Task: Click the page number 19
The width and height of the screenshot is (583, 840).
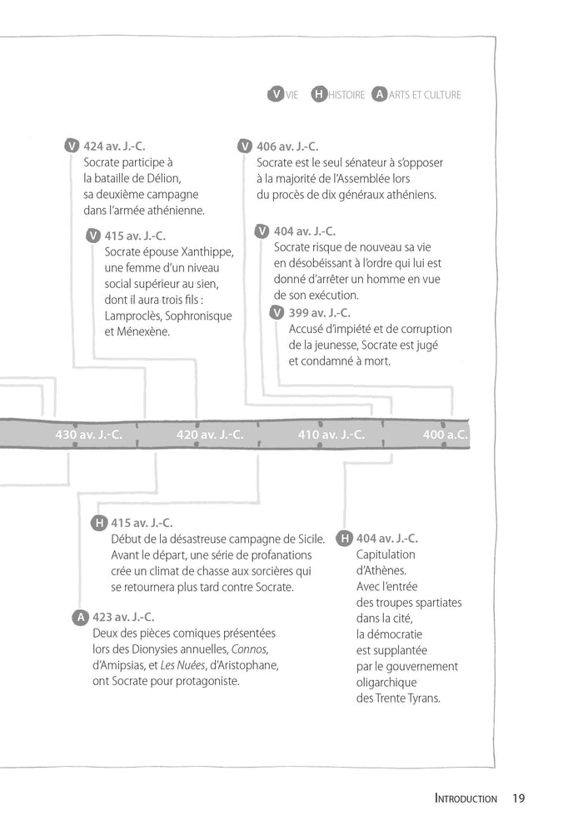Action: point(518,798)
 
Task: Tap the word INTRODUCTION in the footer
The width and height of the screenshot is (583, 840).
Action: point(466,799)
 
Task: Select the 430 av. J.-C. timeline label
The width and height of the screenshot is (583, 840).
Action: point(88,434)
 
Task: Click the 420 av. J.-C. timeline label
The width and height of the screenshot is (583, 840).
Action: point(210,434)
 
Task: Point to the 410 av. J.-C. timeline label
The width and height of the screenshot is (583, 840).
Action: point(331,434)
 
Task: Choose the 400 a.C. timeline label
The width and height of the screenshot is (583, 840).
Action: point(446,434)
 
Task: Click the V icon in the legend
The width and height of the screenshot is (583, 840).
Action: point(276,95)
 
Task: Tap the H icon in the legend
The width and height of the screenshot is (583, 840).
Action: point(318,95)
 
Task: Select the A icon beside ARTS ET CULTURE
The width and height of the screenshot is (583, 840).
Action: point(380,95)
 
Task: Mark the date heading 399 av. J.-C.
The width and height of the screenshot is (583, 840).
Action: point(320,312)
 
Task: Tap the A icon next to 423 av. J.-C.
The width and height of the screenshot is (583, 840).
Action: point(81,617)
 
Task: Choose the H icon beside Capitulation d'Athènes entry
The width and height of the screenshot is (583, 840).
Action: point(344,539)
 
